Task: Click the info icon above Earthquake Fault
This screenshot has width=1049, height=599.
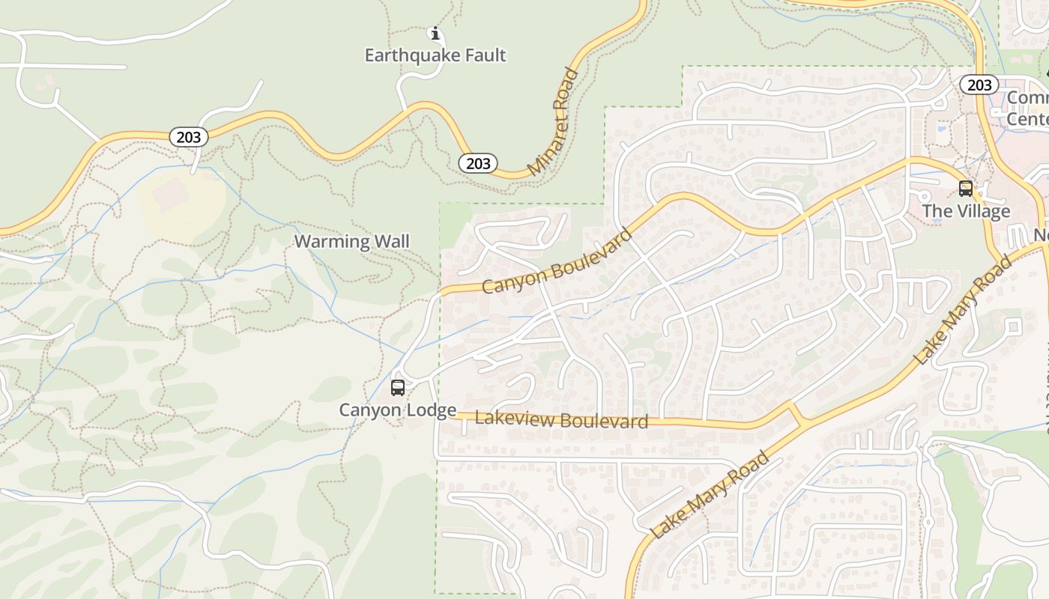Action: coord(435,33)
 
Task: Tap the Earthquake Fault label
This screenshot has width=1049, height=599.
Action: coord(435,55)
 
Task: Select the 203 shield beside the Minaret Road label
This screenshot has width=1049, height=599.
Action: coord(478,163)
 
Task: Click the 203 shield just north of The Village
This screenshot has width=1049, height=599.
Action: coord(979,85)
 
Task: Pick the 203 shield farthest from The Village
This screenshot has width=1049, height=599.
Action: coord(189,137)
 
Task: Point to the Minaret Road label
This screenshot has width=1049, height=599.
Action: coord(554,123)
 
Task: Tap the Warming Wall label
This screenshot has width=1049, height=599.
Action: coord(351,241)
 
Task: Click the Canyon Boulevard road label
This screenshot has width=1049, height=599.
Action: coord(557,261)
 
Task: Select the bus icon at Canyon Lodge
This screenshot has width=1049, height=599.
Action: coord(398,388)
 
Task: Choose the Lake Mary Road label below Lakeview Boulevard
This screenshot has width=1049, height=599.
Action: coord(710,495)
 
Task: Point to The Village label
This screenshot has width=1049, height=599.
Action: coord(966,211)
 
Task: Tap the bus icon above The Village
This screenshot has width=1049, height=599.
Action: coord(966,189)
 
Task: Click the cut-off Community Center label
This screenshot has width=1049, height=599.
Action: coord(1027,108)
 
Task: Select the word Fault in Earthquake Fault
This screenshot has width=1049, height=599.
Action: coord(484,55)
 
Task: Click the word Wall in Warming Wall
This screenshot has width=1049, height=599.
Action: coord(392,241)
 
